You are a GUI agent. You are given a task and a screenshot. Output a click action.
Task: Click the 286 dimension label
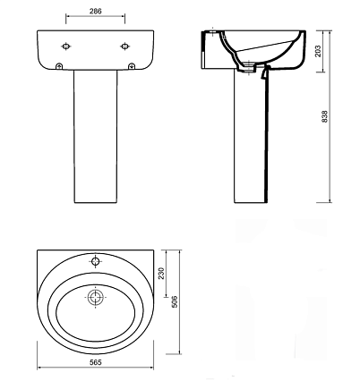pyautogui.click(x=96, y=11)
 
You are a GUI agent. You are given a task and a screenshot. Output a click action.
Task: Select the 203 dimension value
pyautogui.click(x=318, y=51)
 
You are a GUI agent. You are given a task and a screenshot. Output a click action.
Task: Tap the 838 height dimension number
pyautogui.click(x=325, y=116)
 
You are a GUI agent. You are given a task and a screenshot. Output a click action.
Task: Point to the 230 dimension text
pyautogui.click(x=161, y=273)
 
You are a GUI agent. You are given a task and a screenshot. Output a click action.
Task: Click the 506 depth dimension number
pyautogui.click(x=175, y=301)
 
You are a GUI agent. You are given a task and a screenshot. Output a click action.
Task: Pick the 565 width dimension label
pyautogui.click(x=96, y=362)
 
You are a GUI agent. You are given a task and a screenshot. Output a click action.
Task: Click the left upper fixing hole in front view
pyautogui.click(x=66, y=47)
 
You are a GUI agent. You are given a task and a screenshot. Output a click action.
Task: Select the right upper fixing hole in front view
pyautogui.click(x=124, y=47)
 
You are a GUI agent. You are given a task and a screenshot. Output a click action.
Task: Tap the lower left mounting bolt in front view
pyautogui.click(x=59, y=66)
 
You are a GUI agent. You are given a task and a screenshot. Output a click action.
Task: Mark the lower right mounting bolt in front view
pyautogui.click(x=132, y=66)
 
